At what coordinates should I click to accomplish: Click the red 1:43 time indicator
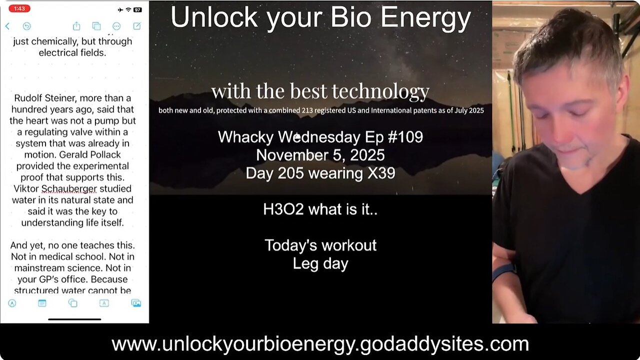[19, 9]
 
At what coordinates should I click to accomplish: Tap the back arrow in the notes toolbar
[7, 26]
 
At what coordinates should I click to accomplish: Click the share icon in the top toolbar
[76, 26]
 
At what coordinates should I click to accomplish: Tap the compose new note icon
[136, 26]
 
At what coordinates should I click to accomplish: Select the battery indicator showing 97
[137, 9]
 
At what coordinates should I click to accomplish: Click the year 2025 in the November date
[362, 155]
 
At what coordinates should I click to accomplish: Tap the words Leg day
[320, 263]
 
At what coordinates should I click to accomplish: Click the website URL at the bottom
[320, 344]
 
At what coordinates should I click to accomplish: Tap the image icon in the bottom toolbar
[135, 303]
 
